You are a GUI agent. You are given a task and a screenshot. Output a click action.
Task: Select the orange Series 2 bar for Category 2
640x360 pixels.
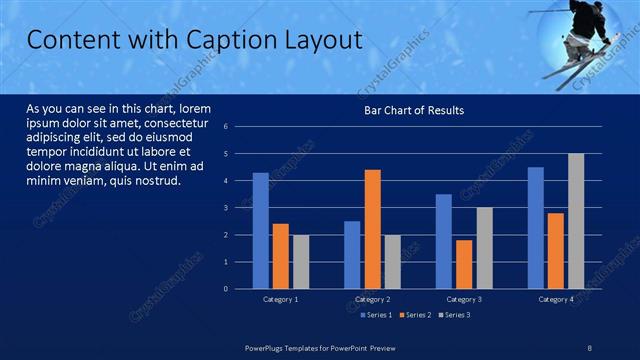point(371,229)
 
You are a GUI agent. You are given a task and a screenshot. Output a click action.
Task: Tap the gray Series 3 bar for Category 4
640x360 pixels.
point(576,221)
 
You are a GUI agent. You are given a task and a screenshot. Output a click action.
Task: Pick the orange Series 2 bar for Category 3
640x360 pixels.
point(463,264)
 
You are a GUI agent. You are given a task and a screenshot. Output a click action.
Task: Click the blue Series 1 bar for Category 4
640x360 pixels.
point(536,228)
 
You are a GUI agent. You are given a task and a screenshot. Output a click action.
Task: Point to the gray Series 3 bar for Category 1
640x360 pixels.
point(301,262)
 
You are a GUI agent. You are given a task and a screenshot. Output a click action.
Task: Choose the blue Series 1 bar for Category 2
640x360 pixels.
point(352,255)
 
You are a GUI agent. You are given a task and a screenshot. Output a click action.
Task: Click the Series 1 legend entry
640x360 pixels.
point(375,315)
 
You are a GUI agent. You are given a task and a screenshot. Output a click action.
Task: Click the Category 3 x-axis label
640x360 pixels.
point(463,299)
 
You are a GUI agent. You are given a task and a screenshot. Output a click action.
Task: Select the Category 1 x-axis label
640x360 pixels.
point(280,299)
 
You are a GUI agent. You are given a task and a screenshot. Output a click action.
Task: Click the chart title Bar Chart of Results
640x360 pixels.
point(413,110)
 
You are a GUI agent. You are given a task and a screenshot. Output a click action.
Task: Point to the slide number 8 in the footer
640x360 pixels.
point(589,346)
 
